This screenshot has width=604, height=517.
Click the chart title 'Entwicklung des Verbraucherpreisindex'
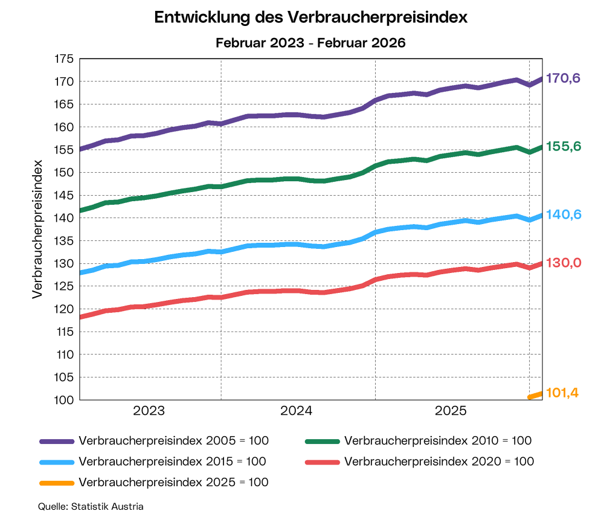click(x=311, y=18)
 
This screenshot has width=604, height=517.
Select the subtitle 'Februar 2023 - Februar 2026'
click(x=311, y=43)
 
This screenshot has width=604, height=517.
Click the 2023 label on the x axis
click(x=149, y=411)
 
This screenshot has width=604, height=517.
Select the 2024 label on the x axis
click(x=297, y=411)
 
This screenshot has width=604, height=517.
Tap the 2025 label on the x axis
click(x=451, y=411)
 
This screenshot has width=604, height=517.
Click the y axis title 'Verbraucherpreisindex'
click(x=37, y=229)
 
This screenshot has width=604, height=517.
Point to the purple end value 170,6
click(x=563, y=79)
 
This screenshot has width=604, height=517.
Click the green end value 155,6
click(x=563, y=147)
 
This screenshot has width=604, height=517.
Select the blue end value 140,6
click(x=563, y=215)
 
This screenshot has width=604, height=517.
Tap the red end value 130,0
click(x=563, y=263)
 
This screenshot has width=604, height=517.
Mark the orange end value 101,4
click(x=562, y=393)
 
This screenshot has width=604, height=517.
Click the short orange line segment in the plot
click(x=536, y=395)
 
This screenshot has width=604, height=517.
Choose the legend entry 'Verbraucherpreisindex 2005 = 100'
click(x=173, y=441)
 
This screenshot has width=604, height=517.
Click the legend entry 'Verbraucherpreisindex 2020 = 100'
click(x=439, y=462)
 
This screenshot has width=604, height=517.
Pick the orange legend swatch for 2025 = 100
click(x=56, y=483)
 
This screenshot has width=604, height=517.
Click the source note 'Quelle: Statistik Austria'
click(x=91, y=506)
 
